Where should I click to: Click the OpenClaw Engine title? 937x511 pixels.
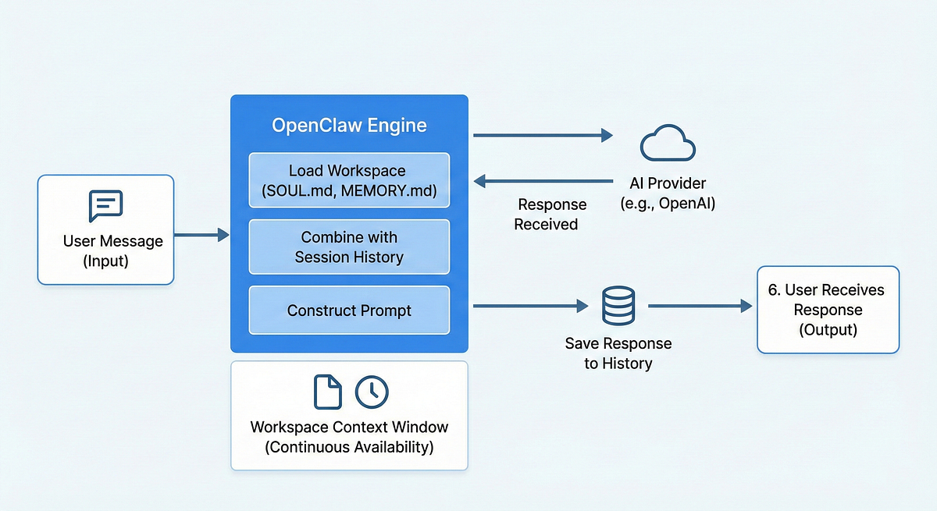(x=349, y=125)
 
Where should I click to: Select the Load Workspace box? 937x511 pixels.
(x=349, y=180)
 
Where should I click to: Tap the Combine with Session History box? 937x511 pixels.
(x=349, y=247)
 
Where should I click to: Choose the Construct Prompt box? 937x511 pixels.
(x=349, y=311)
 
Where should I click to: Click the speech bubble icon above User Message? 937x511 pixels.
(x=106, y=206)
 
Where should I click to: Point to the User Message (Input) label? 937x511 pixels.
(x=106, y=250)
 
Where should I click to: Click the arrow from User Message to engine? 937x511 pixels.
(x=201, y=234)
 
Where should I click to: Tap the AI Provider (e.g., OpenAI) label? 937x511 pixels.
(x=668, y=193)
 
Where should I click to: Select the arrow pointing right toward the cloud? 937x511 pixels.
(x=543, y=136)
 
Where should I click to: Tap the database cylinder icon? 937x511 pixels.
(x=618, y=306)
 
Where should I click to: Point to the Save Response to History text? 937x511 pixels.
(x=618, y=353)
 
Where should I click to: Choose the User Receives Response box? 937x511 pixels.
(x=828, y=311)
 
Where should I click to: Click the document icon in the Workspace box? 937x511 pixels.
(x=327, y=392)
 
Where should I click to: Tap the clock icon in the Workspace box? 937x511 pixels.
(x=372, y=392)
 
